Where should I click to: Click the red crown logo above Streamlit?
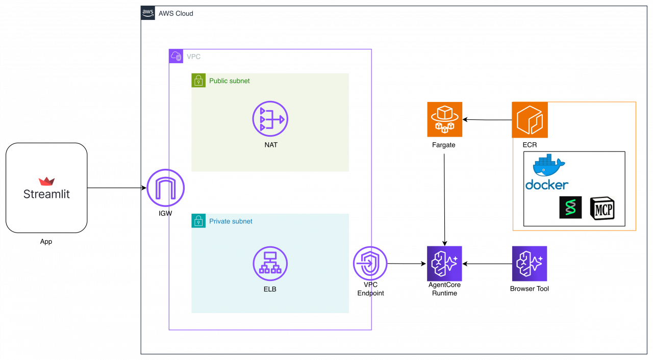point(46,182)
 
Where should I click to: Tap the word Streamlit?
point(46,194)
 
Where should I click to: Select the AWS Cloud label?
point(175,14)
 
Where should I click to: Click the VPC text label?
point(193,57)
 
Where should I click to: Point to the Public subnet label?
point(229,81)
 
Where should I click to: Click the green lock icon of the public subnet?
point(198,80)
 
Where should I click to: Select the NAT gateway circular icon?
point(270,119)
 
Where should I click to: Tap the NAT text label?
point(271,145)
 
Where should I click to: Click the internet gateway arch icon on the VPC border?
point(165,188)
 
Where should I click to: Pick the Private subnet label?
point(231,221)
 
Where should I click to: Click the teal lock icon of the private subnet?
point(198,221)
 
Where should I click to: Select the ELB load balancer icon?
point(270,264)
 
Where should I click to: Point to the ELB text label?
point(270,289)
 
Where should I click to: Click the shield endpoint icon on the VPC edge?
point(370,264)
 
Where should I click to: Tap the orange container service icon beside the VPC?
point(444,119)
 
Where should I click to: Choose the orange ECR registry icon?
point(530,120)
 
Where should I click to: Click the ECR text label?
point(530,145)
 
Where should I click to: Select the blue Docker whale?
point(548,166)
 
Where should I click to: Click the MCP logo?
point(602,208)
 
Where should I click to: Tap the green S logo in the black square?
point(570,208)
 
